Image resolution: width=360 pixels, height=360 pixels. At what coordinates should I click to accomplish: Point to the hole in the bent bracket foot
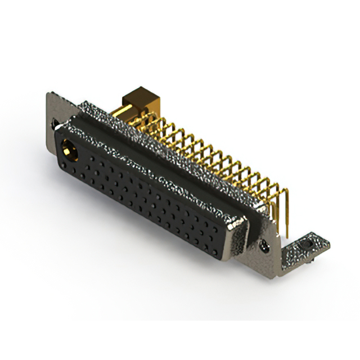click(x=307, y=245)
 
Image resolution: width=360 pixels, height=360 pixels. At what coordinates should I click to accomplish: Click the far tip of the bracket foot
click(x=326, y=243)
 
